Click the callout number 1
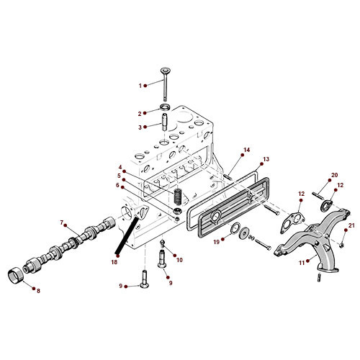[x=141, y=86]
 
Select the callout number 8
[x=38, y=290]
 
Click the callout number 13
[x=266, y=159]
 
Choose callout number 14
[x=246, y=150]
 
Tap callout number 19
[x=215, y=243]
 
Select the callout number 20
[x=334, y=176]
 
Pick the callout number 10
[x=179, y=259]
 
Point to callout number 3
[x=141, y=127]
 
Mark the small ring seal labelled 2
[x=165, y=109]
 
